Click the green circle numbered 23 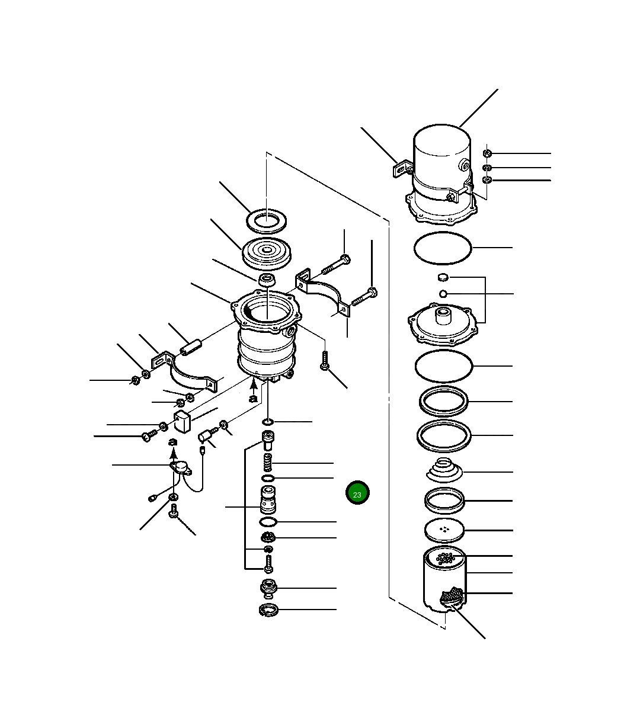357,493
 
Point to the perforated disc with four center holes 445,530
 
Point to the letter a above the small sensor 172,442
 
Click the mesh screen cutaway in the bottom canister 452,596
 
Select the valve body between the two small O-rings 268,499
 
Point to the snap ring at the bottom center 269,610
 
